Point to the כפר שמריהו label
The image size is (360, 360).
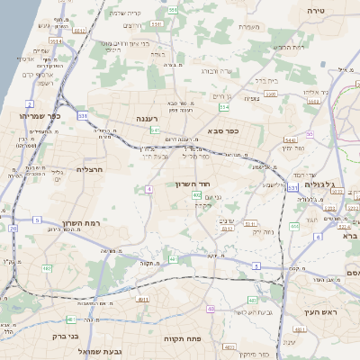tap(40, 116)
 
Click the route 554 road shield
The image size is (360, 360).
tap(224, 107)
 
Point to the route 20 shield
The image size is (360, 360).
tap(13, 229)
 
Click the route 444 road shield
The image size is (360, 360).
tap(294, 227)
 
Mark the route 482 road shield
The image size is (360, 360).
tap(46, 268)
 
